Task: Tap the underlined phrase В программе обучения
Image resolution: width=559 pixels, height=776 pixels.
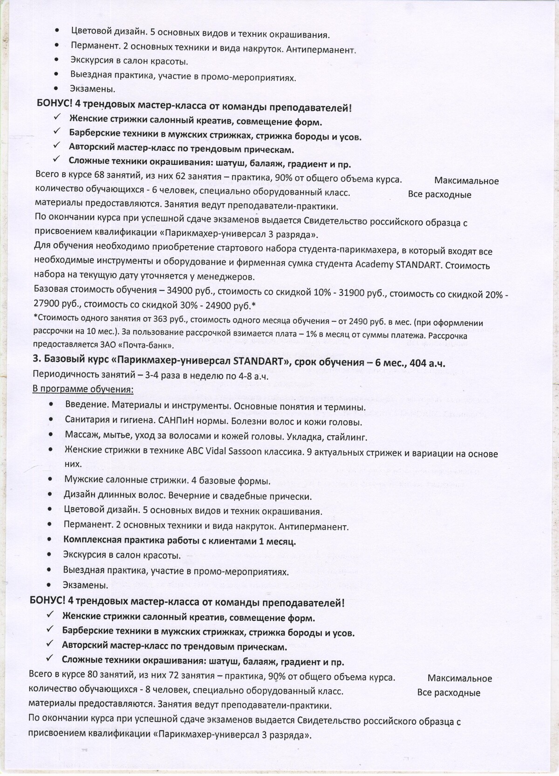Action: [x=83, y=389]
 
